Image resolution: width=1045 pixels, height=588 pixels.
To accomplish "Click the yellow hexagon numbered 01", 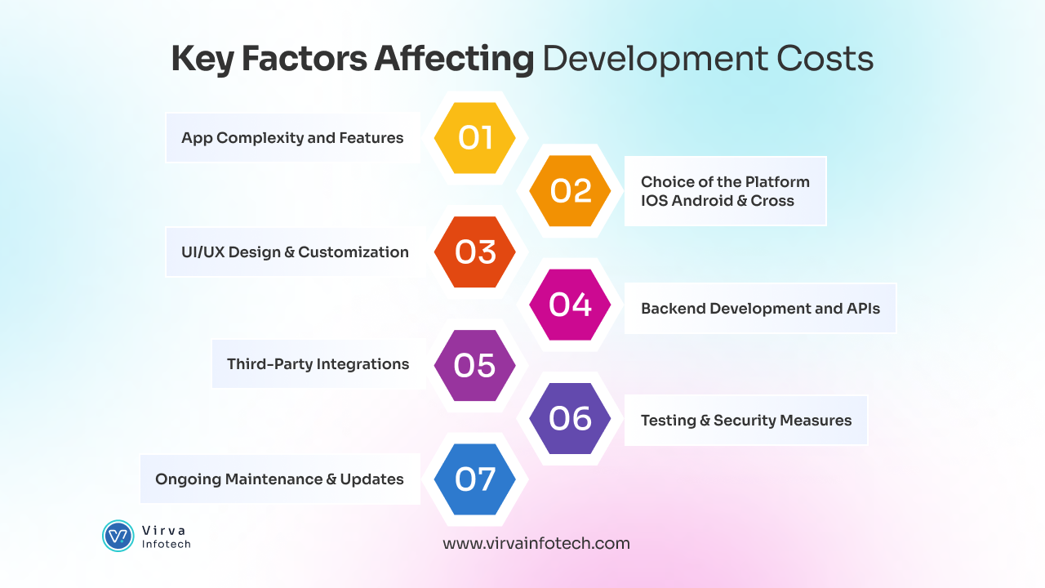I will point(474,138).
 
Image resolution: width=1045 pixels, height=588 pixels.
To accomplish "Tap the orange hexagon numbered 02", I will point(570,191).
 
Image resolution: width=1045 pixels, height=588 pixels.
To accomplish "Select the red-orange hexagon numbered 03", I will point(474,252).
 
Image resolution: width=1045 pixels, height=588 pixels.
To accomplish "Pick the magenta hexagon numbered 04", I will point(570,305).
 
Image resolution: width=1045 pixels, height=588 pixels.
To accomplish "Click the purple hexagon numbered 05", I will point(474,365).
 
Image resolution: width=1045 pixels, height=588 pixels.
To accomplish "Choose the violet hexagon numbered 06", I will point(570,419).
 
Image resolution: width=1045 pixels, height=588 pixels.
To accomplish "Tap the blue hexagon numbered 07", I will point(474,479).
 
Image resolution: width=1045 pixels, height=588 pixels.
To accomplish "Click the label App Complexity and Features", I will point(292,138).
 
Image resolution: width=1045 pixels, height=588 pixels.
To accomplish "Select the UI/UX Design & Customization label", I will point(295,252).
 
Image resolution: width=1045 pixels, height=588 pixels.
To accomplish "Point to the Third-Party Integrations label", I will point(318,364).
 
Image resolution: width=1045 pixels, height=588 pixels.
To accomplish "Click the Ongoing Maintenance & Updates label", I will point(279,479).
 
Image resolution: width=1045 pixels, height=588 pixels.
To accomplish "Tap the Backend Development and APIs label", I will point(760,309).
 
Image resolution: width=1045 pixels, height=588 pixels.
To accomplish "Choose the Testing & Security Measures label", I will point(745,421).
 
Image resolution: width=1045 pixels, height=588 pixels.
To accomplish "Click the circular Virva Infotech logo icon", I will point(118,536).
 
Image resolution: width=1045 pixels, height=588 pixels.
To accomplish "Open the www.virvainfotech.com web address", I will point(536,543).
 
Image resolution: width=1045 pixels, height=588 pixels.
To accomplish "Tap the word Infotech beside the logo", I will point(167,544).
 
